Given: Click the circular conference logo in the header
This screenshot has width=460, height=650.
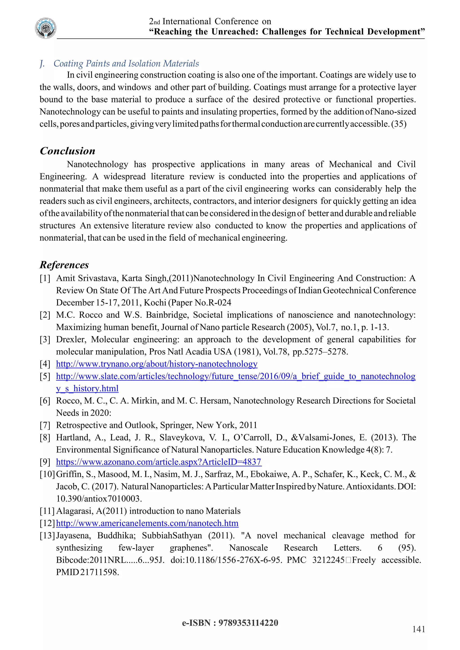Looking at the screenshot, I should (46, 28).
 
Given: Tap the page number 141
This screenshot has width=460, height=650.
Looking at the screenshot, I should (418, 629).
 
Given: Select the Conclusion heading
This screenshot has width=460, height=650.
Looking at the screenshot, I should (67, 151).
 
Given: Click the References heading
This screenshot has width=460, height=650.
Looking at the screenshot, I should (64, 265).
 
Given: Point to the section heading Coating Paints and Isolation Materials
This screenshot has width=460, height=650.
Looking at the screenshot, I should (126, 64).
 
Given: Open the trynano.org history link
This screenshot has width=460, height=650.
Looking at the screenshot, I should (157, 364).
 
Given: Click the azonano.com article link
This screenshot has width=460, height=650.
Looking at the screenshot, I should (159, 462).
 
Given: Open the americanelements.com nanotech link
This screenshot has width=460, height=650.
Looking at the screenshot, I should (147, 523).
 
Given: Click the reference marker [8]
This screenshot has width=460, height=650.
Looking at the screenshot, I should (45, 437).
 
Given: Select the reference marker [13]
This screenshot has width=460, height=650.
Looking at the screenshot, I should (47, 535).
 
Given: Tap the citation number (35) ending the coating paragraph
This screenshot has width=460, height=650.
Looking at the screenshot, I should (398, 124).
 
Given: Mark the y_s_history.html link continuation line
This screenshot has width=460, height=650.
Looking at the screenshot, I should (87, 389).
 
